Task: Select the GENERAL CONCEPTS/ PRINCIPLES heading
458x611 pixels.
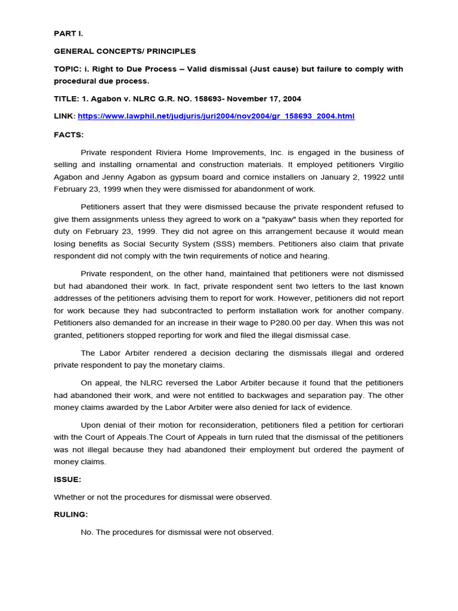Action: [x=125, y=51]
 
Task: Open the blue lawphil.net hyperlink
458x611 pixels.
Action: [x=216, y=116]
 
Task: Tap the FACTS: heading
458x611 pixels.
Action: [x=69, y=135]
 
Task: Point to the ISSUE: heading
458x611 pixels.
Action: [x=67, y=479]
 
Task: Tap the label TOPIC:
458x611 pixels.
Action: [x=68, y=69]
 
